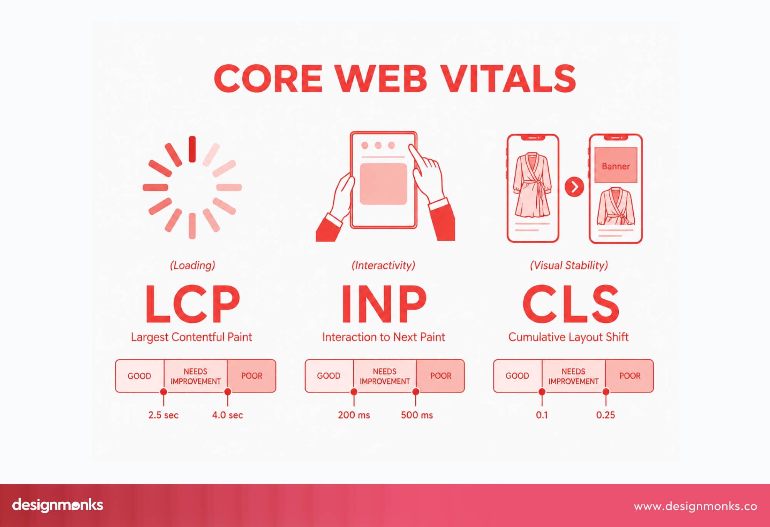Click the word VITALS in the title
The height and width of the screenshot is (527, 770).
[508, 79]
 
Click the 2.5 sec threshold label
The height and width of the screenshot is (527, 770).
[163, 415]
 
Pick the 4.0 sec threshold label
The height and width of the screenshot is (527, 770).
[228, 415]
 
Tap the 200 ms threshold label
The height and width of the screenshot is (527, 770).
[354, 415]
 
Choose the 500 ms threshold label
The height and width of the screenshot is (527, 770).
[417, 415]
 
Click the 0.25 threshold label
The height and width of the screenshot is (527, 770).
[605, 415]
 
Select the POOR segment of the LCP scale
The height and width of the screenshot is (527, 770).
[251, 376]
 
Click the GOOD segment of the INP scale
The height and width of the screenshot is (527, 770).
[329, 376]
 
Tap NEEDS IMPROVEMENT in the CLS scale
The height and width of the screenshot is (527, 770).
[573, 376]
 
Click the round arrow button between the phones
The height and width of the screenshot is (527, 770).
[574, 187]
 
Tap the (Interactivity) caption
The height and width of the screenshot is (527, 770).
[383, 265]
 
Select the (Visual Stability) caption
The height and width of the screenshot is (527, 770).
[569, 265]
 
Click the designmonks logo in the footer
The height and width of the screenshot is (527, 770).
[58, 505]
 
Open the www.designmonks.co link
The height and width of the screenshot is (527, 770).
[695, 506]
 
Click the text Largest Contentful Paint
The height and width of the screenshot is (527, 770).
[191, 337]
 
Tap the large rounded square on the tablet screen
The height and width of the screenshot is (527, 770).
[383, 184]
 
